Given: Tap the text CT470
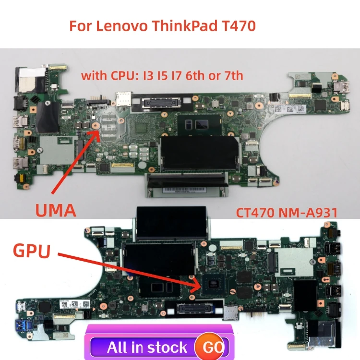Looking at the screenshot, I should pyautogui.click(x=254, y=212).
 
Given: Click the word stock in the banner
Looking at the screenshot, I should pyautogui.click(x=168, y=347).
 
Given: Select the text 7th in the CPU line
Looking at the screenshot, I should pyautogui.click(x=233, y=75).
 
